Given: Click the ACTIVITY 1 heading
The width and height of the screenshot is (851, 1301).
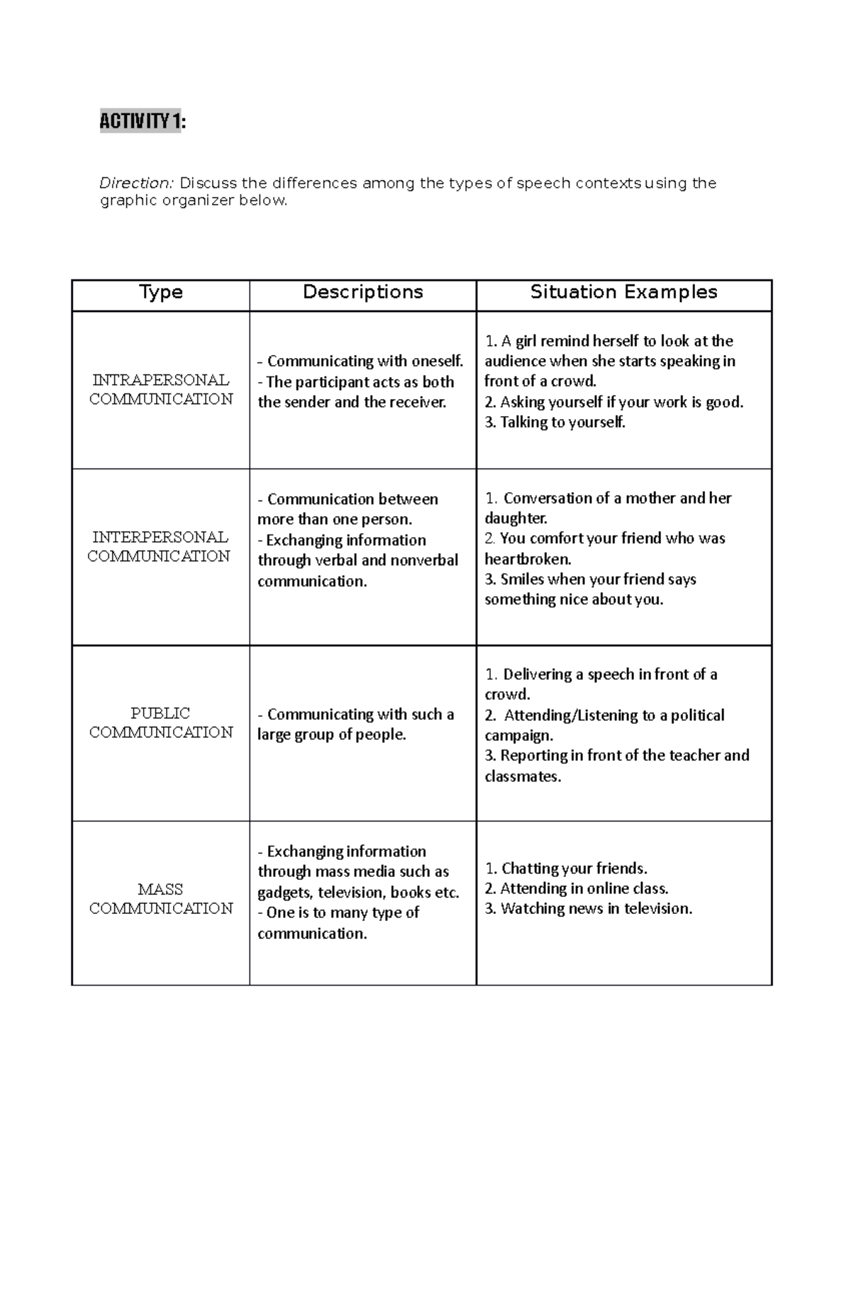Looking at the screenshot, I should click(x=141, y=122).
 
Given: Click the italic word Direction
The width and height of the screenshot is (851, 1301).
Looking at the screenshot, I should click(x=135, y=184).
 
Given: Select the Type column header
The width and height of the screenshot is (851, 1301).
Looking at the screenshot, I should click(x=161, y=292).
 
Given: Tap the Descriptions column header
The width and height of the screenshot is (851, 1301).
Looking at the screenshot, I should click(x=362, y=292).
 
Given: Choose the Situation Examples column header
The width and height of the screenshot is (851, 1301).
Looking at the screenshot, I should click(x=623, y=292).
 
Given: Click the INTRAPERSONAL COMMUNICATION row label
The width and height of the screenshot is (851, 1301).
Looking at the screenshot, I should click(x=161, y=390).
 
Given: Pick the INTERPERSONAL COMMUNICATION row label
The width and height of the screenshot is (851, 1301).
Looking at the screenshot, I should click(x=160, y=547).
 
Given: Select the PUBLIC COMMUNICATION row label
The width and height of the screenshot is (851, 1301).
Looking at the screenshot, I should click(x=161, y=722).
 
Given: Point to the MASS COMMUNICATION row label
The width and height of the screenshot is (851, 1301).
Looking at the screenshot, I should click(x=161, y=899).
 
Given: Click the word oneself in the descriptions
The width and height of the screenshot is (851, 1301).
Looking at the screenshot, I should click(x=435, y=362).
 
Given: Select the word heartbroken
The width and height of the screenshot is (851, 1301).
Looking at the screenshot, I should click(x=527, y=559).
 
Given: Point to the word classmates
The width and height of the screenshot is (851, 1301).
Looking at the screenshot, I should click(x=522, y=776).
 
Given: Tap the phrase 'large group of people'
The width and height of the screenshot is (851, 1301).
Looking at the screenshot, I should click(x=331, y=735).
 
